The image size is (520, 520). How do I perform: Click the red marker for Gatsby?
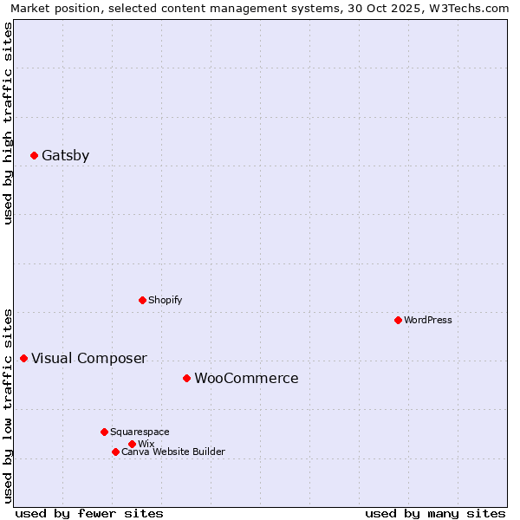(34, 156)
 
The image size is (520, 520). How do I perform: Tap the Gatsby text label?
(65, 156)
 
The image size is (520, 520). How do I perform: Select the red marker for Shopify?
(142, 300)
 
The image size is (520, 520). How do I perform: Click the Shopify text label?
(165, 300)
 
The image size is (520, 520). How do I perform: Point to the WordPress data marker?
(398, 320)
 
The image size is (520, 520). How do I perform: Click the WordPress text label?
(427, 320)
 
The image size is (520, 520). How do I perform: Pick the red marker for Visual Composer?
(23, 358)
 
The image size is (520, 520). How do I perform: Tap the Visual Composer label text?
(88, 359)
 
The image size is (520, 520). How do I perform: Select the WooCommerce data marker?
(186, 378)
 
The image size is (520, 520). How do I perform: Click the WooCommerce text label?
(246, 379)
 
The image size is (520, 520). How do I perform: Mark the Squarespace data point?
(104, 432)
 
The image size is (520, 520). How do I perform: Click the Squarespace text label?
(140, 432)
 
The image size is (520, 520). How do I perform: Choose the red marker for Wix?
(132, 444)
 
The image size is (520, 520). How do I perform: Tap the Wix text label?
(146, 444)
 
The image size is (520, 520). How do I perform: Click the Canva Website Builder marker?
(115, 452)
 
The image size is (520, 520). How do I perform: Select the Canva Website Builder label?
(172, 452)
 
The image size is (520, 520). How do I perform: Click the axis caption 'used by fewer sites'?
(89, 513)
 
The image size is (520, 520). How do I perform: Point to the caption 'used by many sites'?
(435, 513)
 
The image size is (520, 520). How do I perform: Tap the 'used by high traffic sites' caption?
(8, 123)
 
